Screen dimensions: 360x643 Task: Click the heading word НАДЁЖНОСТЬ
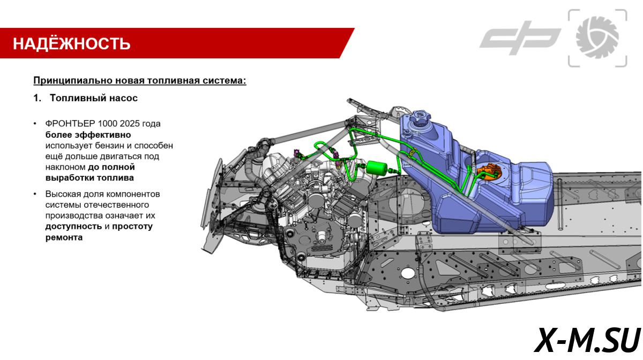click(x=71, y=43)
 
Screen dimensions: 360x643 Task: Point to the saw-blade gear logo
click(x=597, y=37)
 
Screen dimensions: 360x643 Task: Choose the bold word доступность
click(x=73, y=226)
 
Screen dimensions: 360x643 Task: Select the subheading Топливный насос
click(x=94, y=98)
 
